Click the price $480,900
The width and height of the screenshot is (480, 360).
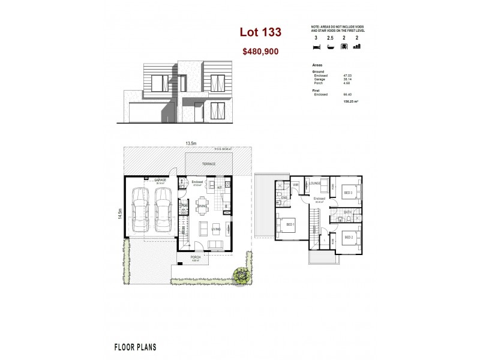coord(260,52)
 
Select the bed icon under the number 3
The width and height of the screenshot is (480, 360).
coord(316,46)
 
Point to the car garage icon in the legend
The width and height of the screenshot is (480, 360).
coord(344,46)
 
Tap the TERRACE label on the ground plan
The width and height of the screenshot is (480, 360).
coord(208,164)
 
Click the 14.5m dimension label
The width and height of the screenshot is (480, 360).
coord(120,213)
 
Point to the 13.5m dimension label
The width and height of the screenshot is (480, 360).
coord(191,143)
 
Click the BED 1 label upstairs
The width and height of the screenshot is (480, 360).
coord(290,224)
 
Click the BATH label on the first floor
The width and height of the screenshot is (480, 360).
coord(347,212)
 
